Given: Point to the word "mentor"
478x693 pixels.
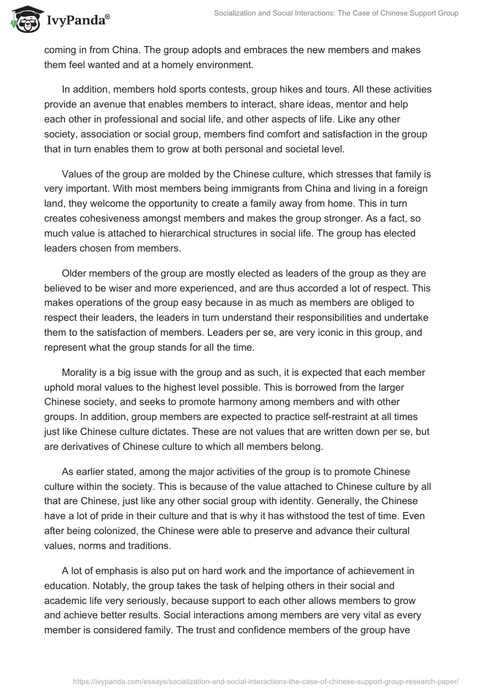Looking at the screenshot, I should click(x=369, y=104).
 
